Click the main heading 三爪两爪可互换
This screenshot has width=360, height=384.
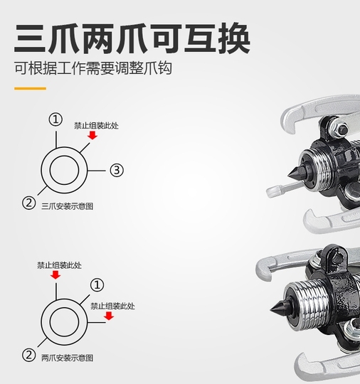132,38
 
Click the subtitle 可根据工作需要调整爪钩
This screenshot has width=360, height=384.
93,68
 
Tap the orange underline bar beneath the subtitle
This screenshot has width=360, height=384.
30,88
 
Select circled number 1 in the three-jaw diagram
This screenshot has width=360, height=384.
55,119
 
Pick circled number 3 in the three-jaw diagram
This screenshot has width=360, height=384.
117,170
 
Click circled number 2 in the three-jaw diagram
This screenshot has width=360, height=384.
29,203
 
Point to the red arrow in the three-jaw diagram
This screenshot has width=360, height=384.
92,135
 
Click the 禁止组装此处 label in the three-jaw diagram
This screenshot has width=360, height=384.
96,126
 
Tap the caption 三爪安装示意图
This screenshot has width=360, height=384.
67,206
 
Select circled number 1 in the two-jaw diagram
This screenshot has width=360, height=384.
97,285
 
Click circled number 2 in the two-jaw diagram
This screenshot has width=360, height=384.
29,355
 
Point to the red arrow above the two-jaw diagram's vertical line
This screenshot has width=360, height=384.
55,274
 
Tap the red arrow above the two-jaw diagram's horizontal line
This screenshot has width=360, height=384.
109,316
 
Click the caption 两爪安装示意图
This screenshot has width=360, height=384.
67,358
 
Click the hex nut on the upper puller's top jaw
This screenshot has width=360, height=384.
339,127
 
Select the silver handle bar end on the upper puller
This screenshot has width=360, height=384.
273,191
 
